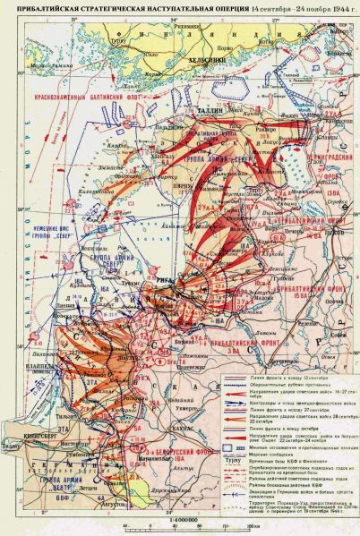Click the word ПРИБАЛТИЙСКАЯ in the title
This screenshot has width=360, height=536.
[46, 8]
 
